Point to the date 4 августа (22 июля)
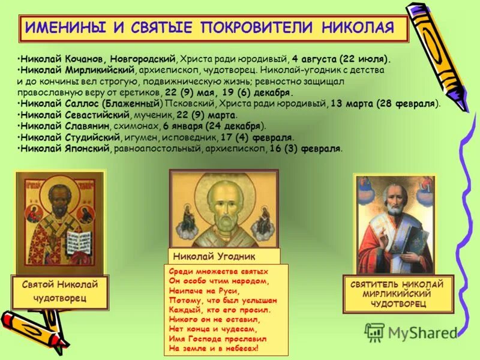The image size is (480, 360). pyautogui.click(x=342, y=59)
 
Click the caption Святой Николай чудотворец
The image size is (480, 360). pyautogui.click(x=59, y=291)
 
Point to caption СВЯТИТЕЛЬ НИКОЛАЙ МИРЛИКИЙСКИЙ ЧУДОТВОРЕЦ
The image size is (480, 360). pyautogui.click(x=397, y=294)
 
